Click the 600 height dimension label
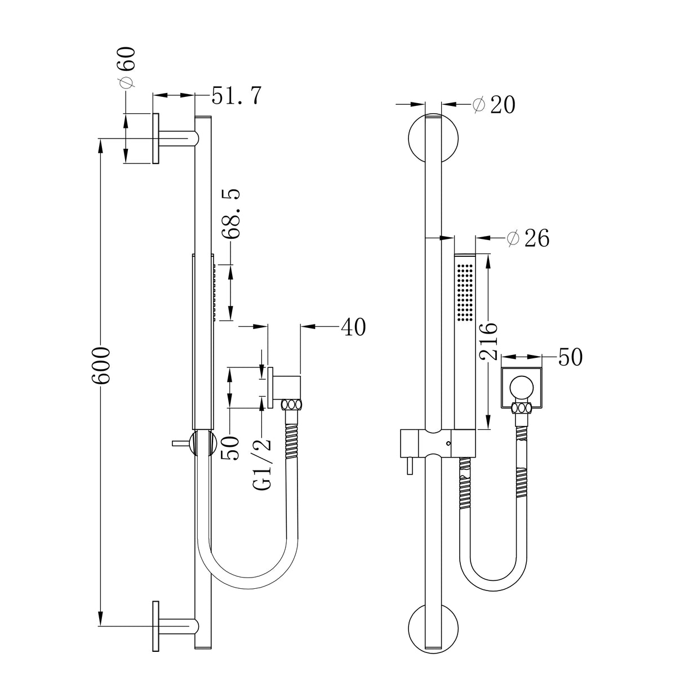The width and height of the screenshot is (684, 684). click(x=101, y=366)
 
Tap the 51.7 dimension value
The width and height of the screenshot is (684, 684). click(x=236, y=96)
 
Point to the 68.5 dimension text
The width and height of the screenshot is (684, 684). click(x=232, y=215)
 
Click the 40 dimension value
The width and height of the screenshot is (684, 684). click(x=353, y=326)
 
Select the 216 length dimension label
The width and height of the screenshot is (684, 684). click(x=488, y=340)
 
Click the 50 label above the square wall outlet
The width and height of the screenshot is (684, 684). click(x=570, y=357)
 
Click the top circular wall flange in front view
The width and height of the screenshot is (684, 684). click(x=433, y=139)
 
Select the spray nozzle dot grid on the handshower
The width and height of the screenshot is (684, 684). click(x=465, y=292)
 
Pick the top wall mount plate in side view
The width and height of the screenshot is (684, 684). click(x=155, y=139)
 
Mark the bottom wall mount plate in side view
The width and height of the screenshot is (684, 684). click(x=155, y=627)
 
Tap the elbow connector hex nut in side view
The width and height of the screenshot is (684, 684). click(x=292, y=405)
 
